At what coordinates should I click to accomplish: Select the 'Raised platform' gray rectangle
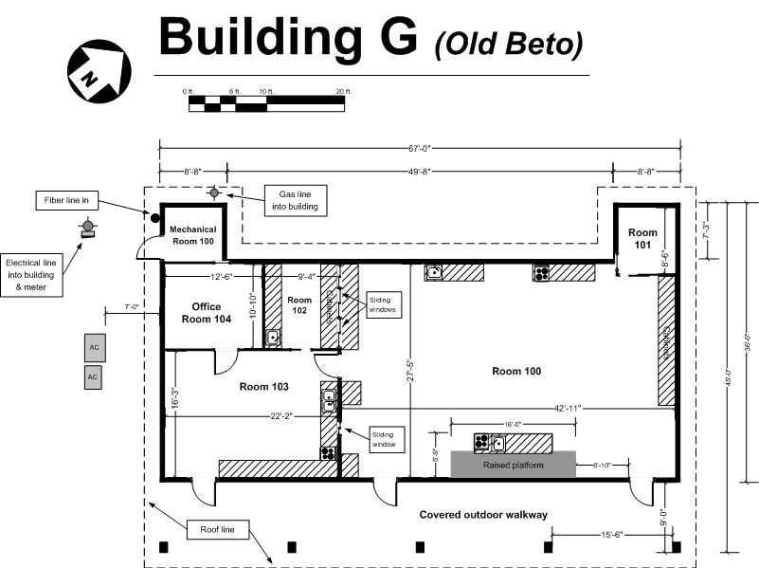coord(513,464)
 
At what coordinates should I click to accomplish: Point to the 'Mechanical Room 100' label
coord(193,235)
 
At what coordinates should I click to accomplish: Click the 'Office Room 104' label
coord(206,313)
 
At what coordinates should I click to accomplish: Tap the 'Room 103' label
coord(263,386)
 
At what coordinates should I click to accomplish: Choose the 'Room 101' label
coord(642,238)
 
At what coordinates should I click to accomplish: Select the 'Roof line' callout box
coord(215,529)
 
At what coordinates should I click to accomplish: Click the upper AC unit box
coord(93,347)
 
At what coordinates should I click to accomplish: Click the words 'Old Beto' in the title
coord(508,43)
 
